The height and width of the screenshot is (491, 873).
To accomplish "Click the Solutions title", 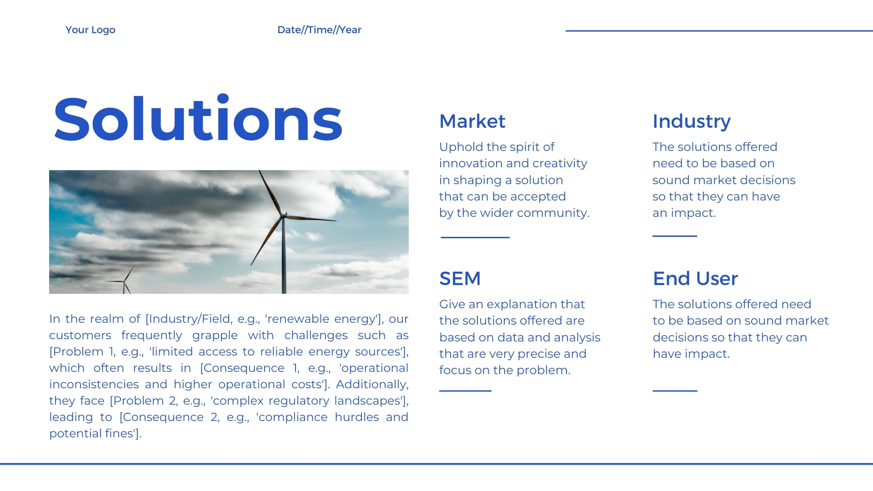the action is pyautogui.click(x=198, y=119).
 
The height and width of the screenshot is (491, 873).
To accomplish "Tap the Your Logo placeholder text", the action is pyautogui.click(x=90, y=30).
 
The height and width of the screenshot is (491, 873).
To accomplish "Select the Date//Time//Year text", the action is pyautogui.click(x=319, y=30).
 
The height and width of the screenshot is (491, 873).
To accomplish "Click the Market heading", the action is pyautogui.click(x=472, y=121).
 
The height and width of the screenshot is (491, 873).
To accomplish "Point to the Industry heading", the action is pyautogui.click(x=692, y=122).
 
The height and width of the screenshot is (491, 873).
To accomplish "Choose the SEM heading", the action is pyautogui.click(x=460, y=279).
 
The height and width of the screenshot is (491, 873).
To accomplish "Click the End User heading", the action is pyautogui.click(x=695, y=279).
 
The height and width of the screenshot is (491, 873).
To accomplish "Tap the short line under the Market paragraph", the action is pyautogui.click(x=475, y=237).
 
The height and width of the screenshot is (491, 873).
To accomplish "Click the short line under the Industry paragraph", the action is pyautogui.click(x=675, y=236).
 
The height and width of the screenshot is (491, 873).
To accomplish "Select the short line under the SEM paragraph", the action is pyautogui.click(x=465, y=391).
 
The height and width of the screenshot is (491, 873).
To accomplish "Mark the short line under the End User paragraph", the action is pyautogui.click(x=675, y=391).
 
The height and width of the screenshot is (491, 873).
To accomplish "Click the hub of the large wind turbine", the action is pyautogui.click(x=283, y=215).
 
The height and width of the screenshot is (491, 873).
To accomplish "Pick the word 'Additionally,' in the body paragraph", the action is pyautogui.click(x=372, y=385).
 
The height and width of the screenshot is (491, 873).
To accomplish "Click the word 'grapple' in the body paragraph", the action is pyautogui.click(x=215, y=336).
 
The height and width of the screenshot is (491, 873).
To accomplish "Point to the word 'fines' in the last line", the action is pyautogui.click(x=119, y=433).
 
